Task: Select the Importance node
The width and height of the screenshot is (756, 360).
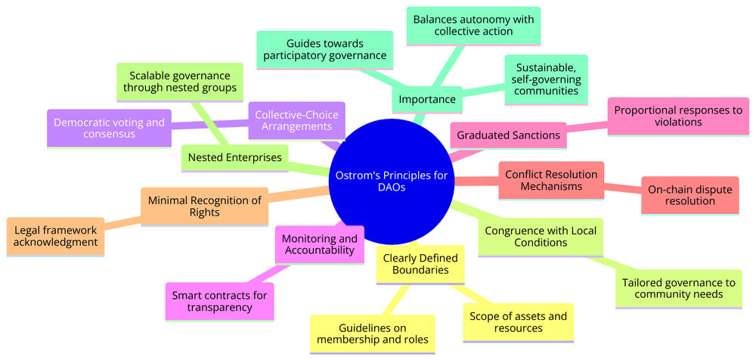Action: [428, 100]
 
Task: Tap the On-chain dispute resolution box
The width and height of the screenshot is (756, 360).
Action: [690, 196]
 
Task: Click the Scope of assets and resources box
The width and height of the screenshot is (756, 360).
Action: [518, 322]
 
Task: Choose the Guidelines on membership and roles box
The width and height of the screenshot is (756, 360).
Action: [372, 334]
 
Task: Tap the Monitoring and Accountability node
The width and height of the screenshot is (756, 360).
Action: [318, 244]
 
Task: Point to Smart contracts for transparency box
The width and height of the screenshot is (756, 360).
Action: [219, 301]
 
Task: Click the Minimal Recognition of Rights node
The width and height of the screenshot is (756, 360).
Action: [204, 207]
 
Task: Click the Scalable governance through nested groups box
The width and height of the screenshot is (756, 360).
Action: [180, 82]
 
